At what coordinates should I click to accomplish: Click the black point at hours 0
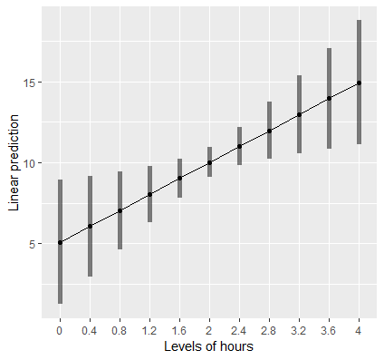[x=60, y=242]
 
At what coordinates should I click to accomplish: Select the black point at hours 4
[x=360, y=83]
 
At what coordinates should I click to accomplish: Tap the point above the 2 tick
[x=209, y=162]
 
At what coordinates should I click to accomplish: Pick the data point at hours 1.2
[x=149, y=194]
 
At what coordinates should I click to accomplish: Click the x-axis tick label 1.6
[x=179, y=330]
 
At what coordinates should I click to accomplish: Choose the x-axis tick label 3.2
[x=300, y=330]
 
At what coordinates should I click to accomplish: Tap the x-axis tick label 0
[x=60, y=330]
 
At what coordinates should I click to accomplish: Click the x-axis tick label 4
[x=360, y=330]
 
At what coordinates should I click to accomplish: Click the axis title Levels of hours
[x=209, y=346]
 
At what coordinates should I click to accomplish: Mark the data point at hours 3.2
[x=300, y=114]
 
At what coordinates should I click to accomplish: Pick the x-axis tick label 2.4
[x=239, y=330]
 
